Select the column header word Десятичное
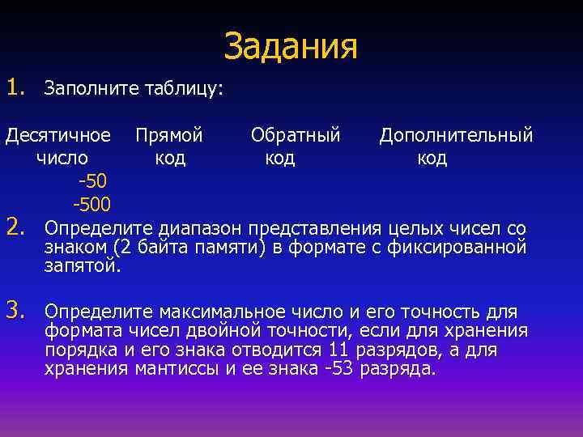tap(58, 134)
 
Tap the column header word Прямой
tap(169, 134)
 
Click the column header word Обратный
tap(296, 134)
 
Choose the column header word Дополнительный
tap(456, 134)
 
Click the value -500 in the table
tap(91, 202)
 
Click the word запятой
tap(83, 266)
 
